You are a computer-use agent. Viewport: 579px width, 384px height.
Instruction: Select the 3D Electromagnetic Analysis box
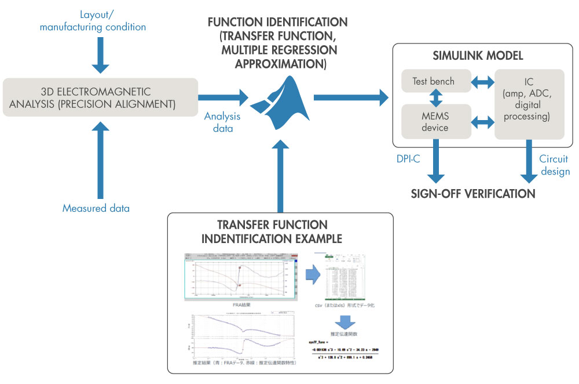pyautogui.click(x=100, y=98)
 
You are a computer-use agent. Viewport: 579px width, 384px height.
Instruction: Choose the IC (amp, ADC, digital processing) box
pyautogui.click(x=529, y=104)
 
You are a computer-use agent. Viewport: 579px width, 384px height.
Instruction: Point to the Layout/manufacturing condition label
pyautogui.click(x=101, y=20)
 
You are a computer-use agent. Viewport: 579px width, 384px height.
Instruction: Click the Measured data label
pyautogui.click(x=96, y=208)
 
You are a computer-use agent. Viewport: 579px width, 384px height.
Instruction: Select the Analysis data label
pyautogui.click(x=222, y=122)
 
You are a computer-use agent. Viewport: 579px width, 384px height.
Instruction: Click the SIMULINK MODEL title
pyautogui.click(x=478, y=56)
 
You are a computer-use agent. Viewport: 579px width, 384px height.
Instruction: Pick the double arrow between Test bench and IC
pyautogui.click(x=482, y=82)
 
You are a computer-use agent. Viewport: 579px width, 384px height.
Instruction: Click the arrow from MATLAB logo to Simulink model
pyautogui.click(x=351, y=97)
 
